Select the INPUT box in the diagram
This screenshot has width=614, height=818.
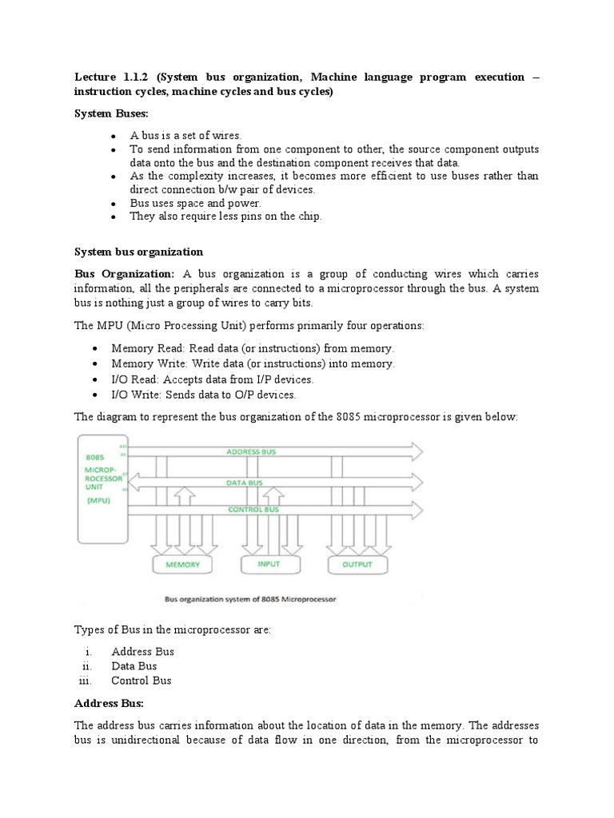click(269, 563)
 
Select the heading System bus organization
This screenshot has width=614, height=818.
click(139, 252)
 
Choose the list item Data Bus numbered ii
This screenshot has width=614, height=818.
click(134, 666)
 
